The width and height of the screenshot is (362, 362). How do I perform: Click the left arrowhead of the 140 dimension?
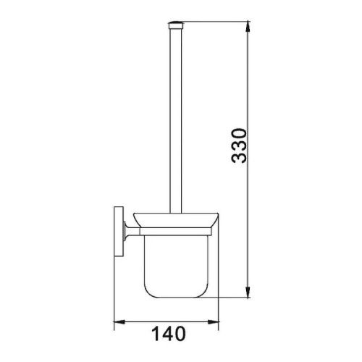(119, 319)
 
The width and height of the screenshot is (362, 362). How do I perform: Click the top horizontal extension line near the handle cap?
(217, 23)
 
